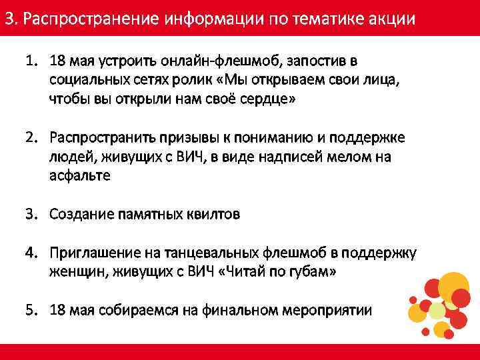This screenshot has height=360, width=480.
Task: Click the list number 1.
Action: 31,62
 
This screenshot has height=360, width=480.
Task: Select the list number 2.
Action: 31,137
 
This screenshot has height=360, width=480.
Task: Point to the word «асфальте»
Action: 80,175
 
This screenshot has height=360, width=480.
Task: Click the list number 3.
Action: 31,214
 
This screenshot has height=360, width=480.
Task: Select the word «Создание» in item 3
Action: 81,214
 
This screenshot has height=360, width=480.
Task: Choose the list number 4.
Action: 31,253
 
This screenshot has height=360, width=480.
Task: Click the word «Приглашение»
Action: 94,253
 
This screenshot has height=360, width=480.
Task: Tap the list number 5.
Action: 31,310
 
